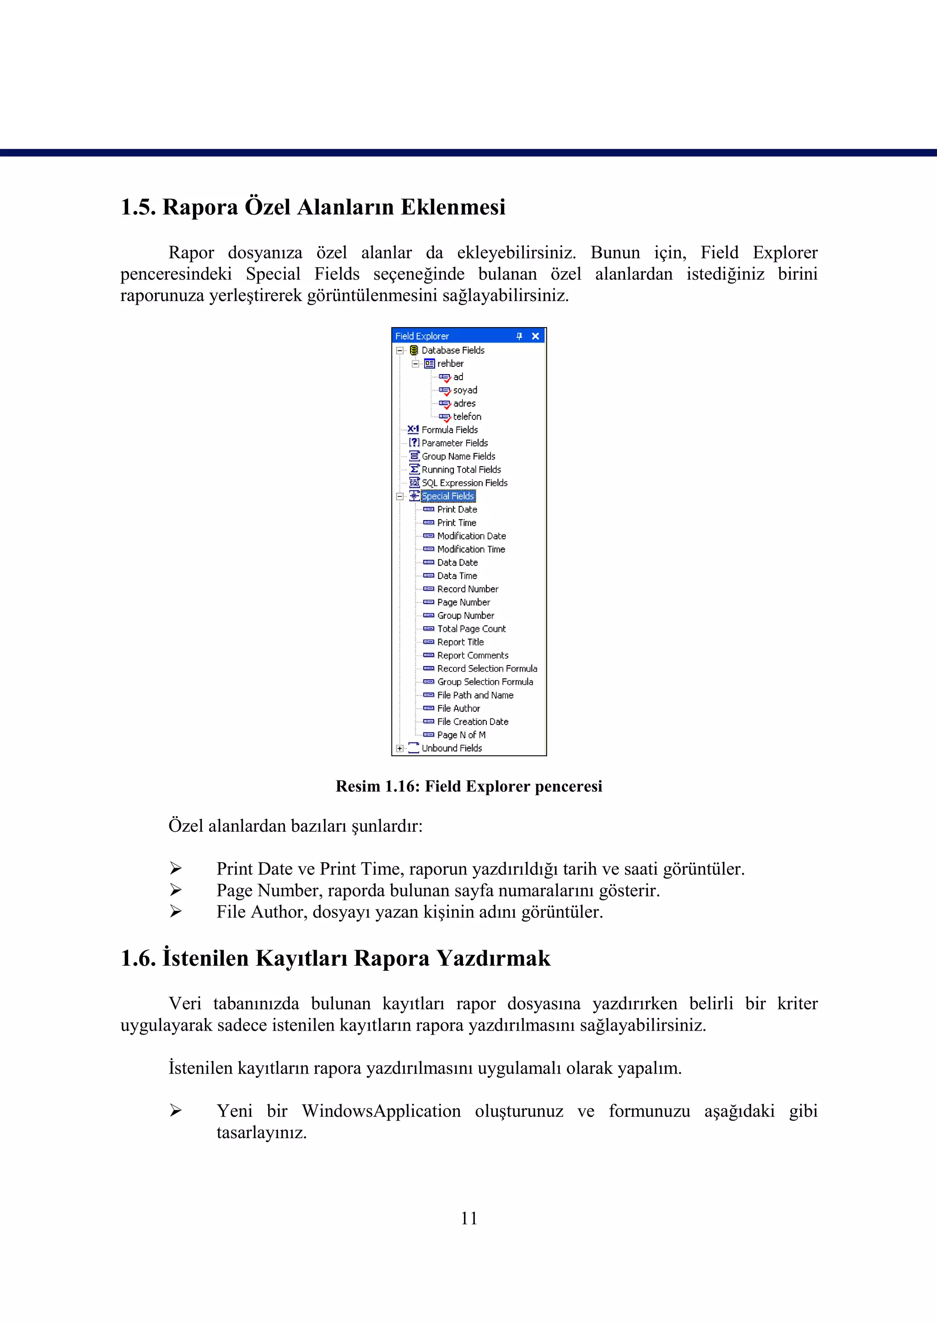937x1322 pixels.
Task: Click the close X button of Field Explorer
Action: [x=535, y=336]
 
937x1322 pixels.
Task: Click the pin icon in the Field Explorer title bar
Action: [x=519, y=336]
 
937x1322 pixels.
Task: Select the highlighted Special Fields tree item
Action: [x=448, y=496]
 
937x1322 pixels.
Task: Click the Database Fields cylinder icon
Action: [x=414, y=350]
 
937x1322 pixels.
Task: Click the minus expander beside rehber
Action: [x=415, y=363]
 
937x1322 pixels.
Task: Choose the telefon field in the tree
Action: [x=467, y=416]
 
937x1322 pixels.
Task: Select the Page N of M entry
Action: [x=461, y=735]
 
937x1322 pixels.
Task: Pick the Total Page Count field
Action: [x=471, y=629]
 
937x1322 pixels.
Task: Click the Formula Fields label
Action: [x=449, y=430]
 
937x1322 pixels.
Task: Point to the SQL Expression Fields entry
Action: [x=464, y=483]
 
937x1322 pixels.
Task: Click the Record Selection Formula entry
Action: [x=486, y=668]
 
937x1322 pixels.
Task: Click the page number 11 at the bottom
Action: [x=468, y=1218]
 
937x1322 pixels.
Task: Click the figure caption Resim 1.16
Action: [x=468, y=786]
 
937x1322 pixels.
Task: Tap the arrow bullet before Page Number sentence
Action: [x=175, y=890]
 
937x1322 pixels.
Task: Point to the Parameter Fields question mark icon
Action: [x=414, y=442]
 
